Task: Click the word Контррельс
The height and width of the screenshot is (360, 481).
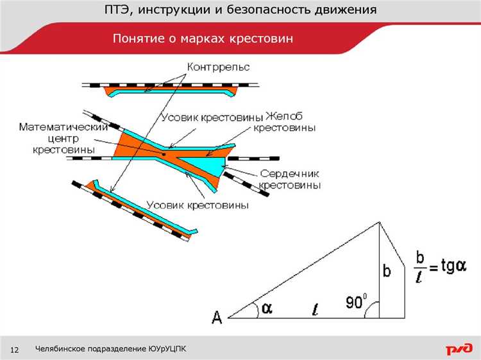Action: (219, 67)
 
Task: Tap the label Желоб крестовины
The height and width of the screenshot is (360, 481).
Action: (284, 122)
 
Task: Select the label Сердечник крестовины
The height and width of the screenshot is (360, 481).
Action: (290, 180)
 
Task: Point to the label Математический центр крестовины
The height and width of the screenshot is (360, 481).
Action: (63, 139)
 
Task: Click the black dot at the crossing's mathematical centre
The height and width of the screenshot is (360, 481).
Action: (164, 154)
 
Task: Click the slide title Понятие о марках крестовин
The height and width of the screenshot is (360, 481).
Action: (203, 39)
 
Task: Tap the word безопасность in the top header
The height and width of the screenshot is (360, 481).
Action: (267, 10)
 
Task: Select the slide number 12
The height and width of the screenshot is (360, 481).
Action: (14, 350)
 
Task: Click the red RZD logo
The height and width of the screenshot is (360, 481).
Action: (459, 348)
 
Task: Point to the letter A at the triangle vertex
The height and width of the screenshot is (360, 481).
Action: (217, 318)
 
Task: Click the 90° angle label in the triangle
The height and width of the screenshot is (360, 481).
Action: (356, 302)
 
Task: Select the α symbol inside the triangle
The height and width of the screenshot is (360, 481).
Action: (267, 308)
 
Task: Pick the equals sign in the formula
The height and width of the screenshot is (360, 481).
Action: (433, 268)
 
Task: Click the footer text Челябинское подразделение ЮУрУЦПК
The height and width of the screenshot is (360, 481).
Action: (110, 349)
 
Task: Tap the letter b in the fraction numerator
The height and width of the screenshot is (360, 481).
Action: (420, 257)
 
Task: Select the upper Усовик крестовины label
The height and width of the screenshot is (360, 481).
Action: (212, 117)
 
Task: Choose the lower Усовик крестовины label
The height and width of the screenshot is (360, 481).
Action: (198, 205)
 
